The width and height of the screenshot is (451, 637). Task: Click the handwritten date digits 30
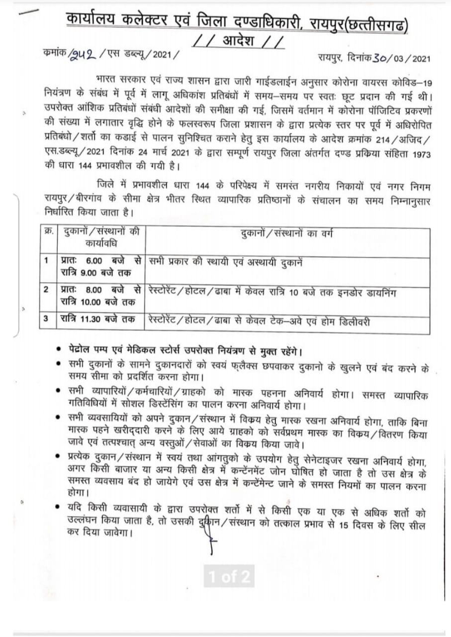point(380,58)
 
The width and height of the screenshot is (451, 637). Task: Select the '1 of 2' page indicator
point(229,577)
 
